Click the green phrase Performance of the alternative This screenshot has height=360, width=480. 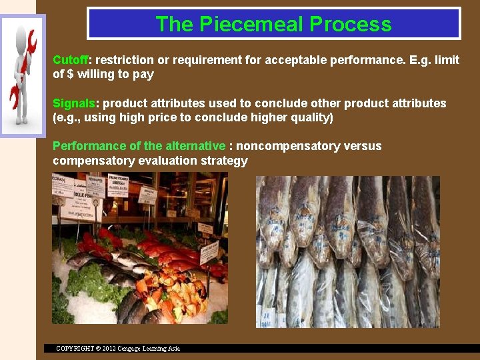pos(139,146)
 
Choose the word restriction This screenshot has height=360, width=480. pos(126,60)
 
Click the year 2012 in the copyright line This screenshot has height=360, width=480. pos(110,348)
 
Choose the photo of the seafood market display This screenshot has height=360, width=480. pos(139,248)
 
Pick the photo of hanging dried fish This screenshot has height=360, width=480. pos(347,251)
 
